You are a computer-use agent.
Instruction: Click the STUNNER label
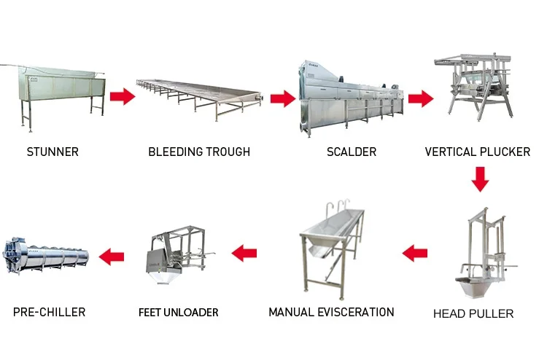53,152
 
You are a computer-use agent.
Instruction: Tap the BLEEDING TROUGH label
199,152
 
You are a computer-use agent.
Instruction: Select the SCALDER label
352,152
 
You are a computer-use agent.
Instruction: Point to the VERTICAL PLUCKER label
478,152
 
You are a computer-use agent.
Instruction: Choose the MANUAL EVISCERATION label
331,312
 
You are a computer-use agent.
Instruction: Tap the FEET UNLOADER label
179,313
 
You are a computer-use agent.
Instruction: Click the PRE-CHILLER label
49,312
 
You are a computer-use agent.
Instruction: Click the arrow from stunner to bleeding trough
123,96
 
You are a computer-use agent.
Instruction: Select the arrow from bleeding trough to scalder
282,98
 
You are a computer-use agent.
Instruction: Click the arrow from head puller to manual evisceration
415,254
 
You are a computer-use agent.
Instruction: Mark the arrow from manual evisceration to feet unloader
244,254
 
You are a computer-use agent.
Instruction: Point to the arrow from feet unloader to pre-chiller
112,256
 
